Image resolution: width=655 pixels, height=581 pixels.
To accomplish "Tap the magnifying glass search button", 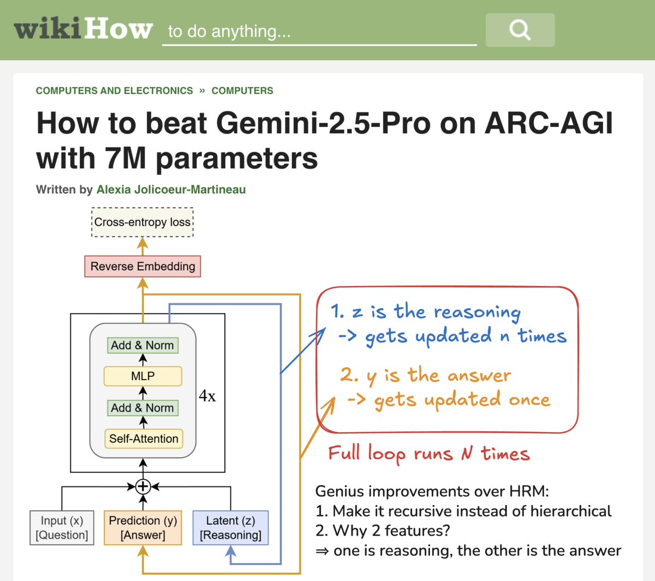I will [520, 29].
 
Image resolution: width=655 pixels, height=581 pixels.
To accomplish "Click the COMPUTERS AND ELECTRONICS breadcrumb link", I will [114, 91].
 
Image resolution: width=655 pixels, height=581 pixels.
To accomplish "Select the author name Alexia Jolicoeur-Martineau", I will [171, 190].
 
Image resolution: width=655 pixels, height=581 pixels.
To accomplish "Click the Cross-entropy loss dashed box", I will [142, 222].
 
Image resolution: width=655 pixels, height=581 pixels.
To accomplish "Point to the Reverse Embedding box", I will [142, 266].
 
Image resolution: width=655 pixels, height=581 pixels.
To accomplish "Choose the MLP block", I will [142, 376].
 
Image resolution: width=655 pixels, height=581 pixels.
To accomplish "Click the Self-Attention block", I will [144, 439].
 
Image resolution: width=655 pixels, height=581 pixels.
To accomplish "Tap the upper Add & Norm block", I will [142, 345].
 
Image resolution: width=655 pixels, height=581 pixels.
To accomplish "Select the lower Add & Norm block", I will [142, 408].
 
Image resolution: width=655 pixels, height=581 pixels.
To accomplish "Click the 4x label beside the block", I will [207, 396].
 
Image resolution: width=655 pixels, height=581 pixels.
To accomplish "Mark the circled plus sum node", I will [143, 486].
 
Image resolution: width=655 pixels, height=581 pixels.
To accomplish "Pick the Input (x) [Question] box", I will [62, 528].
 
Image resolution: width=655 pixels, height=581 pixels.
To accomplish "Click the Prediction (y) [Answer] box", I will [143, 528].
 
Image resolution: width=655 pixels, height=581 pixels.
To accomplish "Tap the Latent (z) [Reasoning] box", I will [230, 528].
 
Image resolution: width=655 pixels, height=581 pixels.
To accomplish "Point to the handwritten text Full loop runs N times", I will [429, 454].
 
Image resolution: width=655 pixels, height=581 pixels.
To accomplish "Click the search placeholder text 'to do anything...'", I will [229, 31].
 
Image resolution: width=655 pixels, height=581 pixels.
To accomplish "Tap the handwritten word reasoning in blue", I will [477, 312].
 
